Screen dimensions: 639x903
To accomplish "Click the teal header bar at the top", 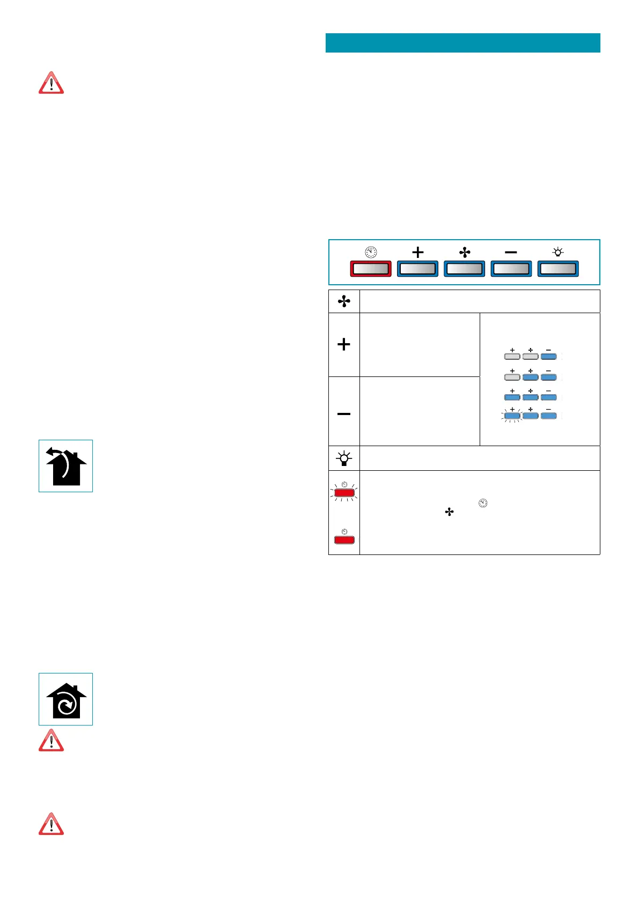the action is click(462, 43).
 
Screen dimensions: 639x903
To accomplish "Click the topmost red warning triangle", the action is click(51, 84).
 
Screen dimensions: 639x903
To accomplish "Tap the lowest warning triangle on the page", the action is click(51, 824).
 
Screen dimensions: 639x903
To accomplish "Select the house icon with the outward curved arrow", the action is click(65, 466).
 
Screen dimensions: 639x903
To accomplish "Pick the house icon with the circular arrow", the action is click(65, 699).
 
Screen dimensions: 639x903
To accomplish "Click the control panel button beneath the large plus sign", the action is click(417, 268).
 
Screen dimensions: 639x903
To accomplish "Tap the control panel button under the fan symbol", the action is click(464, 268).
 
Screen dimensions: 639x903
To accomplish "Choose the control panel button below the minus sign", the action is click(511, 268).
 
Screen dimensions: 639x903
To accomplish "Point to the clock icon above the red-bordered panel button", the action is click(371, 252).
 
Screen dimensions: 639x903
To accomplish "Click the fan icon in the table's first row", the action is click(344, 301).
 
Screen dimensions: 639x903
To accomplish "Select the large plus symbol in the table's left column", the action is click(344, 344).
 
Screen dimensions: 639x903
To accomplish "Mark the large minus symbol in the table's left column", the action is click(344, 413).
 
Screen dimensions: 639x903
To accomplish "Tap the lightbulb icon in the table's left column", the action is click(344, 458).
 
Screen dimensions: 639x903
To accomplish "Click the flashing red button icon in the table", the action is click(344, 492).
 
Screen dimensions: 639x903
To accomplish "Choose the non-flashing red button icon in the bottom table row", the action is click(344, 539).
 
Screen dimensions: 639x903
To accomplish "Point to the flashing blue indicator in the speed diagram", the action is click(512, 416).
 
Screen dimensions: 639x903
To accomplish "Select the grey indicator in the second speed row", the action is click(512, 377).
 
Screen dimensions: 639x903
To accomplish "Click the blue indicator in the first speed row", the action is click(548, 356).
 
